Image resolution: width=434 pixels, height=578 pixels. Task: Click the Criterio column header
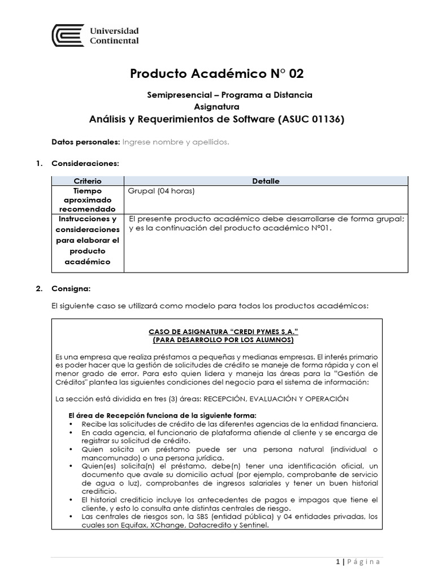[x=88, y=181]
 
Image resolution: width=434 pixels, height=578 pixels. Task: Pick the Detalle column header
[x=266, y=181]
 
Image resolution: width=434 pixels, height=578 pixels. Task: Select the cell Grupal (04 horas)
[x=162, y=191]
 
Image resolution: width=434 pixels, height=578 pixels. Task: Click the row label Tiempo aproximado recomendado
[x=87, y=200]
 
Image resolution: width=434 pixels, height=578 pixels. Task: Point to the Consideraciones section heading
[x=85, y=163]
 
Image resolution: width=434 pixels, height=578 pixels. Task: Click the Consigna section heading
[x=71, y=288]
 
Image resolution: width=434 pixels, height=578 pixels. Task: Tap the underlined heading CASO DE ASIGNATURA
[x=216, y=332]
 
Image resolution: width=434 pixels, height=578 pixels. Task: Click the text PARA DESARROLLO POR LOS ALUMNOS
[x=216, y=341]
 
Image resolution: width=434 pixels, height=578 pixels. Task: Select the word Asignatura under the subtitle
[x=216, y=106]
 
